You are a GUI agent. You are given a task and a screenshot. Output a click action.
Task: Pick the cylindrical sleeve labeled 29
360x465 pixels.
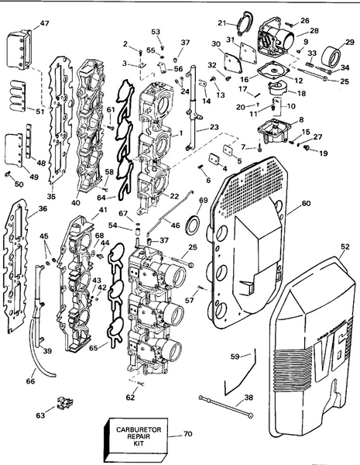(338, 59)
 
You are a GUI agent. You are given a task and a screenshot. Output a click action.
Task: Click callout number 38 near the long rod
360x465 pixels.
(247, 398)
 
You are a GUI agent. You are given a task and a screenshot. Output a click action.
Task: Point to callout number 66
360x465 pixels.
(31, 381)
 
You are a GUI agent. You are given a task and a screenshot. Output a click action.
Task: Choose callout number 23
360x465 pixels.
(213, 126)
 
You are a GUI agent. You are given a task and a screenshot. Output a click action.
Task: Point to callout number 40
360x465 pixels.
(77, 204)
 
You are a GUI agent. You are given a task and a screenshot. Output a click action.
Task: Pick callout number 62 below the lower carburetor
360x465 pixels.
(130, 398)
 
